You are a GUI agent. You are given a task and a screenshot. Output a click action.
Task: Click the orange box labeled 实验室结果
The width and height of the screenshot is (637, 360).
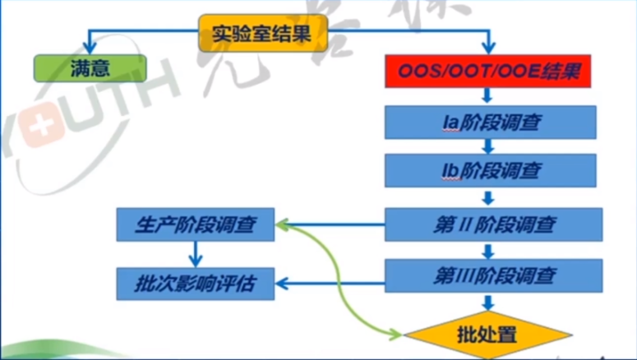point(263,33)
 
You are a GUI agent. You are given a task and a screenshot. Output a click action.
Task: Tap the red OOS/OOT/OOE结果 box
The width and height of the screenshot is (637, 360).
point(490,72)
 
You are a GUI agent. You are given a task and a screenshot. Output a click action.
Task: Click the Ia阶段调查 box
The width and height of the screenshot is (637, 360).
point(490,122)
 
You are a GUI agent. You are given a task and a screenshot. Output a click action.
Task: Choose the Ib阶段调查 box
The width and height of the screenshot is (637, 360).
point(490,171)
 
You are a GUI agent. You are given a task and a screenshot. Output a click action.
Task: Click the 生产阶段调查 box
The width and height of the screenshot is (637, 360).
point(195,224)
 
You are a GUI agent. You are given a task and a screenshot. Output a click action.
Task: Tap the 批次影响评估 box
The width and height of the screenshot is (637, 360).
point(195,284)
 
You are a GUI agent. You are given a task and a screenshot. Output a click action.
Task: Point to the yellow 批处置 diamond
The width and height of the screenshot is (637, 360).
point(487,335)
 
